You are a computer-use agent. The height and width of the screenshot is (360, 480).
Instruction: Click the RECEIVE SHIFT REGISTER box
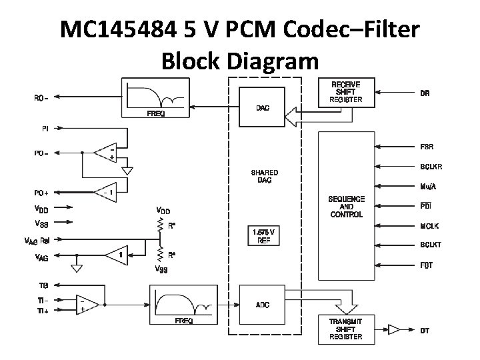(345, 93)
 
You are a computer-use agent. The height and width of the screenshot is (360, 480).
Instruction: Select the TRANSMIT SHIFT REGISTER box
(345, 329)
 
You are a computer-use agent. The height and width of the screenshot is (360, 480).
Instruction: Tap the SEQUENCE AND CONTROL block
(347, 206)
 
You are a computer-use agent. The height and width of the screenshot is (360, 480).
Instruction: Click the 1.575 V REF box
(264, 237)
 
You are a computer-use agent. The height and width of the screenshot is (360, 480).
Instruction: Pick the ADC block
(263, 305)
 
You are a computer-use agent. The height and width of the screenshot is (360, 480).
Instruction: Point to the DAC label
(263, 107)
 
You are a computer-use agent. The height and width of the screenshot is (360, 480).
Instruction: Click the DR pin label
(425, 93)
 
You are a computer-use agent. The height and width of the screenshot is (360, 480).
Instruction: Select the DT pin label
(425, 330)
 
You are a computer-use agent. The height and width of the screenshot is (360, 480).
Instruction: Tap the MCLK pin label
(429, 226)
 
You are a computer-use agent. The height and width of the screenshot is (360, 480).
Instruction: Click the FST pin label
(426, 265)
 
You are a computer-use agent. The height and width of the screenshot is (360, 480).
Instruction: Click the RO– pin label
(41, 98)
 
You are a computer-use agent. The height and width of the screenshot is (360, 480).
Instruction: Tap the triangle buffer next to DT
(394, 329)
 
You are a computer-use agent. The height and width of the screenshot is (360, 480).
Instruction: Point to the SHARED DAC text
(264, 176)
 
